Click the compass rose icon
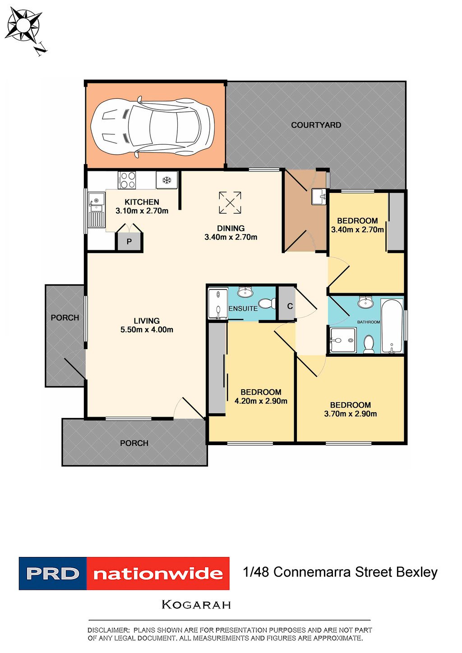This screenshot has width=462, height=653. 24,26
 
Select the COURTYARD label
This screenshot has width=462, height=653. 316,125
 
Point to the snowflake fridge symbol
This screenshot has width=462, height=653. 167,180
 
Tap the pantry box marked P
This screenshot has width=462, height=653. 129,241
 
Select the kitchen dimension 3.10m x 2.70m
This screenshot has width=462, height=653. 142,211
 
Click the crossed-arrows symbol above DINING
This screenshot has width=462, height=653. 230,202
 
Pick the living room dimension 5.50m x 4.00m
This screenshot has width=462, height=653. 147,330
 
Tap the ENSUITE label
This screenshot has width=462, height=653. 243,308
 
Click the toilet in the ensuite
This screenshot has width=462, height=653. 267,303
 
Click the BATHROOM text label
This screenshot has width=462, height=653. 369,322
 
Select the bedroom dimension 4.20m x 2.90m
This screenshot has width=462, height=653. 261,401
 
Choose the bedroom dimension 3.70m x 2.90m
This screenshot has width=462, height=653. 350,414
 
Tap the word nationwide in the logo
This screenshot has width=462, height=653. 158,574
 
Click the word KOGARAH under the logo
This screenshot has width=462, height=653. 196,605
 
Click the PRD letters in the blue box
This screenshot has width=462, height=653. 53,574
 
